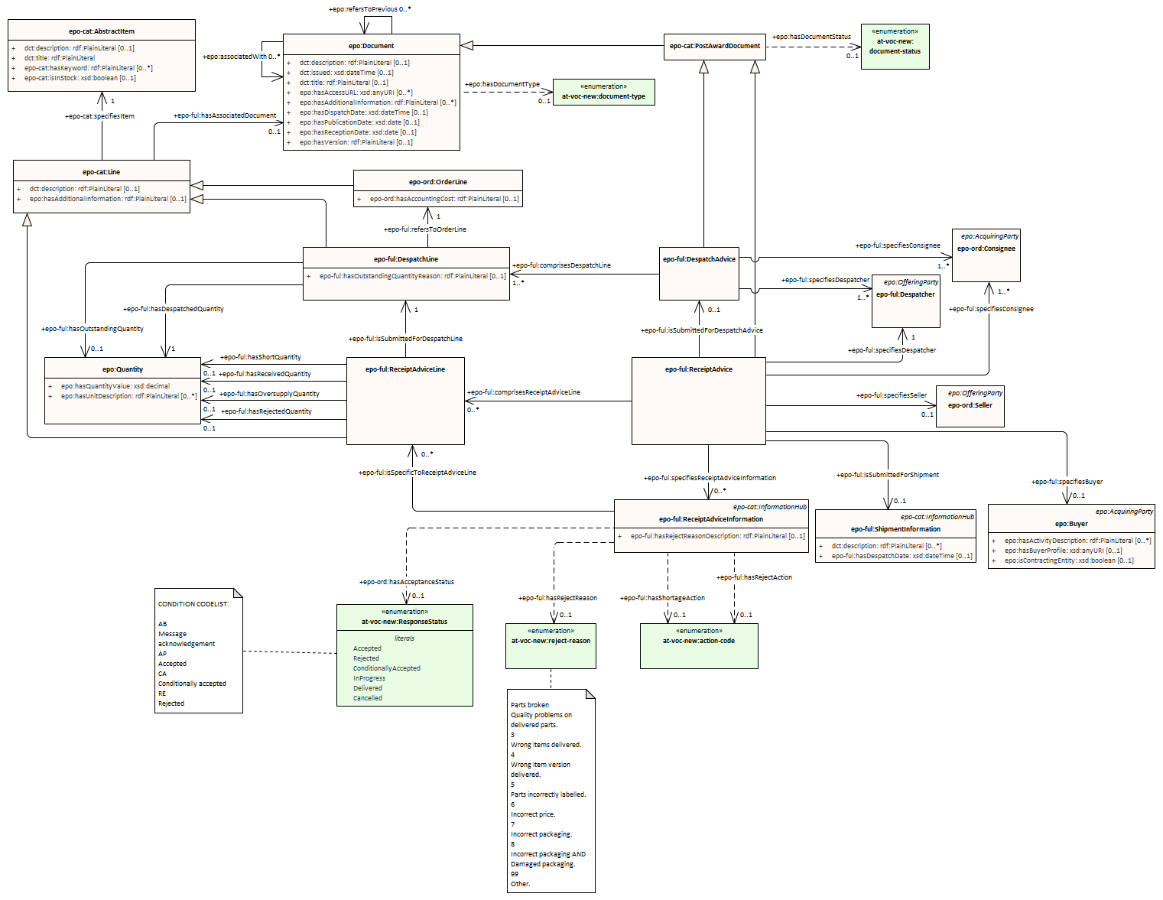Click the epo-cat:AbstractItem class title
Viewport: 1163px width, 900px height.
[101, 31]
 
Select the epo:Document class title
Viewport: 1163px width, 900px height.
[372, 46]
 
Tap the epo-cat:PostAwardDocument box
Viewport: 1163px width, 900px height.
[715, 46]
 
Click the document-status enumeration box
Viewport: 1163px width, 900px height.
[895, 47]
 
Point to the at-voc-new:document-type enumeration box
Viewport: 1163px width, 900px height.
[603, 92]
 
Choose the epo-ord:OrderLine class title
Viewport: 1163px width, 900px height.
[437, 182]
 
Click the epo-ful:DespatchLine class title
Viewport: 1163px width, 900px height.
[406, 259]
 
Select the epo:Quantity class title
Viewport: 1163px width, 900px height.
[122, 369]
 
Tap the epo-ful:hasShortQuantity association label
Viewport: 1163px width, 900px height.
[261, 357]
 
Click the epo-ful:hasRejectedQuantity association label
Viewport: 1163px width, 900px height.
[266, 411]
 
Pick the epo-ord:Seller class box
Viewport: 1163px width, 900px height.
[970, 405]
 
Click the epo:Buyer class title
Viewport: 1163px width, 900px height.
[1071, 524]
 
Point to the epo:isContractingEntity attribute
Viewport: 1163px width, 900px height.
[1068, 560]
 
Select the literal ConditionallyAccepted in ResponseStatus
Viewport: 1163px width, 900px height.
[386, 668]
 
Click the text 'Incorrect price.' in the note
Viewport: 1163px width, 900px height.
[533, 814]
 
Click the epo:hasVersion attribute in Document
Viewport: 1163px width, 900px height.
[356, 142]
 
